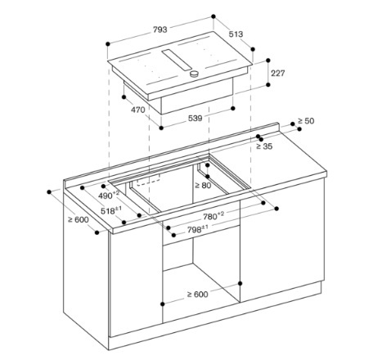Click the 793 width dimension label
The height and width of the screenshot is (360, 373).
[160, 29]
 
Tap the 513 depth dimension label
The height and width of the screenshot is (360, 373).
[236, 34]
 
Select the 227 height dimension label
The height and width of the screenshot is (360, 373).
[278, 73]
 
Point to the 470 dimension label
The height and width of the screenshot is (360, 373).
[138, 110]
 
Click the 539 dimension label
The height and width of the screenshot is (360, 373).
[195, 118]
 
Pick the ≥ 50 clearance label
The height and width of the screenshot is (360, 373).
[306, 120]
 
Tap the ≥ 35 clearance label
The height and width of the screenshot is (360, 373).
[264, 146]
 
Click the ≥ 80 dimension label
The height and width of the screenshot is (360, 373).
[203, 186]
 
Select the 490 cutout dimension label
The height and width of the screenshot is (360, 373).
[109, 196]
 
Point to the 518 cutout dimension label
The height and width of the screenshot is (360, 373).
[111, 210]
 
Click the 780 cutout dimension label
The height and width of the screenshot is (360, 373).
[213, 216]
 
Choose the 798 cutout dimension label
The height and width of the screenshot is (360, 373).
[198, 230]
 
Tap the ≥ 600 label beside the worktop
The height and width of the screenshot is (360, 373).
[79, 219]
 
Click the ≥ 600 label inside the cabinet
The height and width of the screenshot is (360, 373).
[197, 295]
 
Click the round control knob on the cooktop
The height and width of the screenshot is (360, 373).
[195, 74]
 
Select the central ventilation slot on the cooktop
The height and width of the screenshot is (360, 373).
[177, 61]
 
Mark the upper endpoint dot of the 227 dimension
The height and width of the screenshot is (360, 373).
[268, 61]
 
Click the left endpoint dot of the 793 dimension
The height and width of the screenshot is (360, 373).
[108, 43]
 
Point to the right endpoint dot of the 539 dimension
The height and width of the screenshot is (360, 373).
[232, 108]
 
